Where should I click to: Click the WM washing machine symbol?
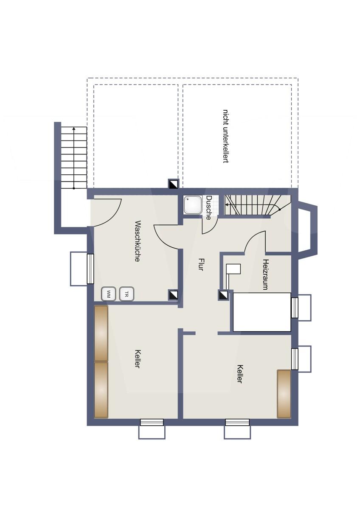coord(109,294)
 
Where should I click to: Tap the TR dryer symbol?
coord(127,294)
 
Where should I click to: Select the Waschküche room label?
coord(137,241)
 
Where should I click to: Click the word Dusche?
coord(209,207)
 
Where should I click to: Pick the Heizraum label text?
coord(266,274)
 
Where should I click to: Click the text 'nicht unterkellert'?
coord(226,136)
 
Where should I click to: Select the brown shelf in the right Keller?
coord(284,394)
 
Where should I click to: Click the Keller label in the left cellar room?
coord(137,358)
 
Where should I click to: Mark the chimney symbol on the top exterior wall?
coord(173,184)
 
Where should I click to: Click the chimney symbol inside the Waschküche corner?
coord(173,295)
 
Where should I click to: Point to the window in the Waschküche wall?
coord(90,268)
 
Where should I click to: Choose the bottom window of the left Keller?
coord(152,422)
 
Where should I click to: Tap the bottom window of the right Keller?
coord(237,422)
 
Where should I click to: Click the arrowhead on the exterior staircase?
coord(74,128)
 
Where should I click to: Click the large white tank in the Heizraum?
coord(262,312)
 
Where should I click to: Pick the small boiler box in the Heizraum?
coord(233,269)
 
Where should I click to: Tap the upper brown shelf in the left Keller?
coord(101,333)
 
